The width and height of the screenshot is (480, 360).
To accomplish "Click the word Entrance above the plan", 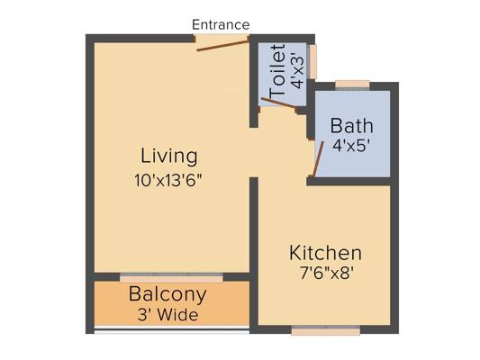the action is pos(221,25).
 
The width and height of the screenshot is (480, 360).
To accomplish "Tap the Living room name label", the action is pos(168,157).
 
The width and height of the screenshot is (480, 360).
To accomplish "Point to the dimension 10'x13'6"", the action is pos(168,180).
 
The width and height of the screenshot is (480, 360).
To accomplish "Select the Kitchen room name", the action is pos(325,253).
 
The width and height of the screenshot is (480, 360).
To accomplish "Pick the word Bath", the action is pos(352,126).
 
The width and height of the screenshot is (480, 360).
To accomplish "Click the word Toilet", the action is pos(277,71).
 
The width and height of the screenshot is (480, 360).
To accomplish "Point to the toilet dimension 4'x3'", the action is pos(298,72).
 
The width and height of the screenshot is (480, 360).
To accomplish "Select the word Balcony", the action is pos(168,294).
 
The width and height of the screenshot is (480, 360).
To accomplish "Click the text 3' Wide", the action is pos(168,315).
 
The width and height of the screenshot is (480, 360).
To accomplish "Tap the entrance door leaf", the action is pos(222,46).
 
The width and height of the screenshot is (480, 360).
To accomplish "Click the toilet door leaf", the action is pos(278,103).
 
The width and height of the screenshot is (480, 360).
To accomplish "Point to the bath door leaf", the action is pos(319,158).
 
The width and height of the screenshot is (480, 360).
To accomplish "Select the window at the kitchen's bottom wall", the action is pos(326,330).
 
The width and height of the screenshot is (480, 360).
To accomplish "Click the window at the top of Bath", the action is pos(352,85).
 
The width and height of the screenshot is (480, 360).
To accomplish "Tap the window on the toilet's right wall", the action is pos(312,62).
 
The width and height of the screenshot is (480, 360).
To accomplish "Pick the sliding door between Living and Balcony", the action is pos(171,277).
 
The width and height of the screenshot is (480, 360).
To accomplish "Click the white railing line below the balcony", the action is pos(171,328).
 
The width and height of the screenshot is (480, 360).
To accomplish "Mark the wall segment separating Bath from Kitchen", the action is pos(349,182).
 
